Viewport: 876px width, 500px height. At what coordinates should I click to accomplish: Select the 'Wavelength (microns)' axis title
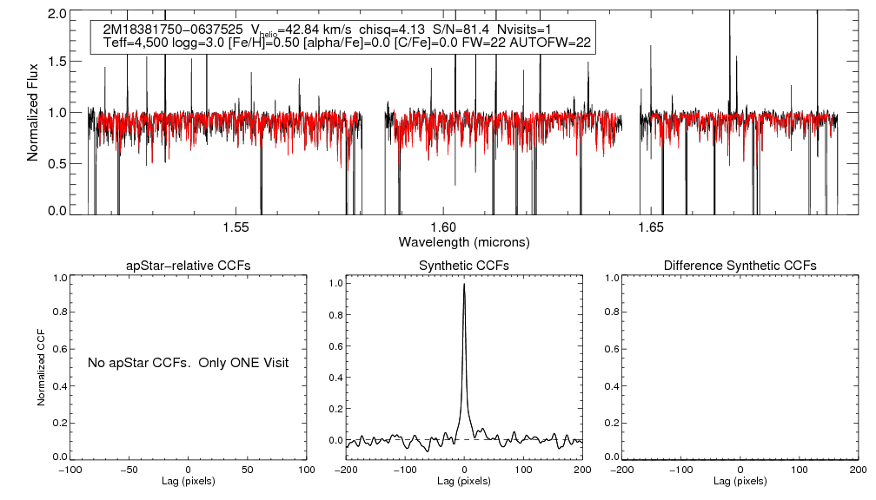coord(464,241)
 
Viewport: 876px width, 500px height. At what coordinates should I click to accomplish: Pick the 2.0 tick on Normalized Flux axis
coord(57,15)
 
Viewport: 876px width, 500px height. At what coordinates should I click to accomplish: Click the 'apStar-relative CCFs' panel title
coord(189,266)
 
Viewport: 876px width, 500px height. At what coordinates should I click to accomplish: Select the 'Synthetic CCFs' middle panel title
coord(464,266)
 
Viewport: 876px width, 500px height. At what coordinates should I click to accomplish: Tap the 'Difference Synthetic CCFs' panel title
coord(740,266)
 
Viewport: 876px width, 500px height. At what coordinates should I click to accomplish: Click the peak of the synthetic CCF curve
coord(465,285)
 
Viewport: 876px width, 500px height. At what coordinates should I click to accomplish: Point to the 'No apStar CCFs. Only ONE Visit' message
coord(188,361)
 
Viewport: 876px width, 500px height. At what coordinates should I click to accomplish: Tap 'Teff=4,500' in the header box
coord(133,43)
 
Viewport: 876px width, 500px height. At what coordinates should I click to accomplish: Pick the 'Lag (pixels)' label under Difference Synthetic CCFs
coord(740,481)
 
